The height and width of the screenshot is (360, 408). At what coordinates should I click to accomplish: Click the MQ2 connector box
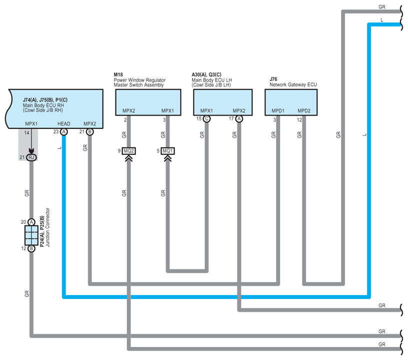(x=129, y=151)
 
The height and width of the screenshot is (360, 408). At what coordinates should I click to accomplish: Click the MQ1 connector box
(x=167, y=151)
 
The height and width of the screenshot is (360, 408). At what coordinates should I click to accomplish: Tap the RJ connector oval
(x=31, y=157)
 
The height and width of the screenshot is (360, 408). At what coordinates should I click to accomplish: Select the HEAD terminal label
(x=64, y=124)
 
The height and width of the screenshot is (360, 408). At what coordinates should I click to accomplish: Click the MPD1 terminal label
(x=278, y=111)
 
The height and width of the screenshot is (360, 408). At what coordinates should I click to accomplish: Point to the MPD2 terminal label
(x=304, y=111)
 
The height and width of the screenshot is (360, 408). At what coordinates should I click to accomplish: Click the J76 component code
(x=273, y=79)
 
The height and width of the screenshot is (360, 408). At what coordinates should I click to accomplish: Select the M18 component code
(x=118, y=74)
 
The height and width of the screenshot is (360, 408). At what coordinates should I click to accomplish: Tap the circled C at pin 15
(x=206, y=119)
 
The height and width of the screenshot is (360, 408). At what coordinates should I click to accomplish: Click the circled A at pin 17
(x=239, y=119)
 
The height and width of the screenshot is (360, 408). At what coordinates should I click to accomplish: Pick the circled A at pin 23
(x=64, y=132)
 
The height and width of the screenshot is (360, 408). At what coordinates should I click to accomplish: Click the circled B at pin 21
(x=90, y=132)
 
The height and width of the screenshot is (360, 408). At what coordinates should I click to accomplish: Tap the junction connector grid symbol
(x=31, y=235)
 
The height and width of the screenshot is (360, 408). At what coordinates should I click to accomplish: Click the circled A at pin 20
(x=31, y=222)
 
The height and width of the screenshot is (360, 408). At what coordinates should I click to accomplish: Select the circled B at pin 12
(x=31, y=248)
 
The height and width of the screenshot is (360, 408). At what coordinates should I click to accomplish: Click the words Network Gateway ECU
(x=293, y=85)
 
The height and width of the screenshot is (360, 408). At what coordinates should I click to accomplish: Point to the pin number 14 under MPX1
(x=26, y=133)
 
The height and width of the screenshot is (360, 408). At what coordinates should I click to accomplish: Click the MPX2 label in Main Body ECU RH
(x=90, y=124)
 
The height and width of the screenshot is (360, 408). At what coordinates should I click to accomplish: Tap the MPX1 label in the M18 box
(x=167, y=111)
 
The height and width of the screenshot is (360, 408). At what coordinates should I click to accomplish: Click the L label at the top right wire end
(x=381, y=20)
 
